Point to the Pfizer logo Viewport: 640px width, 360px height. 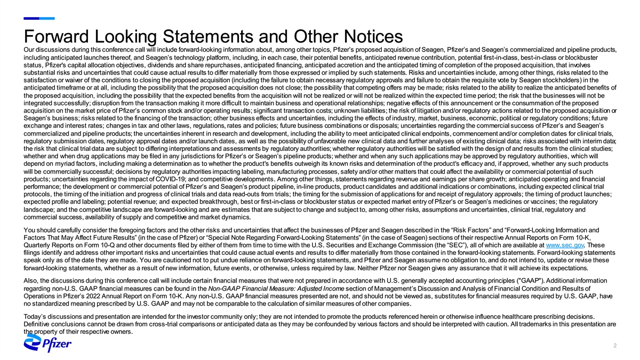[x=49, y=346]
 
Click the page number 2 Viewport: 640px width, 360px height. [x=615, y=346]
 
